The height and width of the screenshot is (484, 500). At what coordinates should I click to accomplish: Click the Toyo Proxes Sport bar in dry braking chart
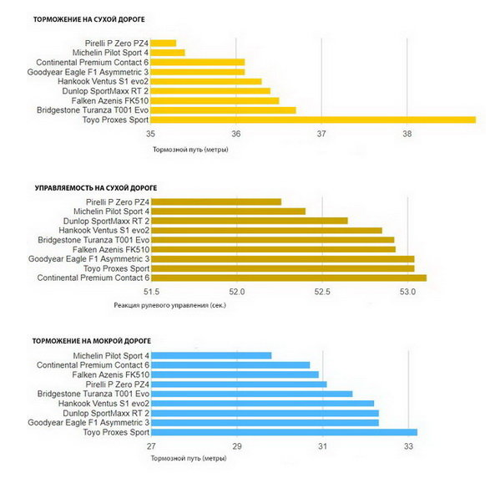pyautogui.click(x=313, y=120)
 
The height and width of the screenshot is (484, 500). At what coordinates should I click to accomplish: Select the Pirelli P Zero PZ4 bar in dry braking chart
pyautogui.click(x=164, y=43)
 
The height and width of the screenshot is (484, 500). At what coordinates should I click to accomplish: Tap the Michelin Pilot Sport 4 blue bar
pyautogui.click(x=211, y=355)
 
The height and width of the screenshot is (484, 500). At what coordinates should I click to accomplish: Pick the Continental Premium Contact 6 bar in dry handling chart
pyautogui.click(x=289, y=278)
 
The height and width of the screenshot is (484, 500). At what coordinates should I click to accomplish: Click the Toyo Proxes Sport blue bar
pyautogui.click(x=285, y=432)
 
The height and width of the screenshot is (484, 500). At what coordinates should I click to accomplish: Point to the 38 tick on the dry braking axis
pyautogui.click(x=407, y=134)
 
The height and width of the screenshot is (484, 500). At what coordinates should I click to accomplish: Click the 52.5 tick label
pyautogui.click(x=322, y=292)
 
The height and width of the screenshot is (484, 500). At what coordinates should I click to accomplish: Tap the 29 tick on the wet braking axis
pyautogui.click(x=237, y=446)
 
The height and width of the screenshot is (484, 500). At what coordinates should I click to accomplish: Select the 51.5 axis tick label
pyautogui.click(x=151, y=292)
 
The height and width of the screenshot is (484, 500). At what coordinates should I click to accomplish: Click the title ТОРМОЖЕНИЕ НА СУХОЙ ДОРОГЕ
pyautogui.click(x=89, y=19)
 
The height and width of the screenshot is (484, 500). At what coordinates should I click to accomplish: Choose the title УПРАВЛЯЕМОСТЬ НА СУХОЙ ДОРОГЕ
pyautogui.click(x=96, y=188)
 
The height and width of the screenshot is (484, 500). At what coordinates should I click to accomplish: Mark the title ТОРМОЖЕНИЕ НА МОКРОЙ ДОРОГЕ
pyautogui.click(x=92, y=341)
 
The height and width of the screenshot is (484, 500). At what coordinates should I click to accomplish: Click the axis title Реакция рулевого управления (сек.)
pyautogui.click(x=170, y=305)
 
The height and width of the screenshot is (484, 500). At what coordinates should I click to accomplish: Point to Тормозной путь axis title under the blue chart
pyautogui.click(x=189, y=458)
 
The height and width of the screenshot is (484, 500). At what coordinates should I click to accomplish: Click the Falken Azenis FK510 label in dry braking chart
pyautogui.click(x=110, y=101)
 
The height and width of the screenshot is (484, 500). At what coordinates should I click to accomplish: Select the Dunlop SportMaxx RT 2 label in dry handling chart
pyautogui.click(x=106, y=221)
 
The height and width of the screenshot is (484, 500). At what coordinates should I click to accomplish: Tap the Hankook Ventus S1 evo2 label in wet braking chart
pyautogui.click(x=104, y=404)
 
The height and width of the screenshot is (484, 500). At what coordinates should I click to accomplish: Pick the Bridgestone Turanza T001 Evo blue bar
pyautogui.click(x=252, y=394)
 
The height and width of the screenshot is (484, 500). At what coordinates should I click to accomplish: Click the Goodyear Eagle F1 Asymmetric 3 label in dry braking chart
pyautogui.click(x=88, y=72)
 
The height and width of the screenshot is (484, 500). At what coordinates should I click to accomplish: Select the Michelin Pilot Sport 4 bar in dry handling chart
pyautogui.click(x=229, y=211)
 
